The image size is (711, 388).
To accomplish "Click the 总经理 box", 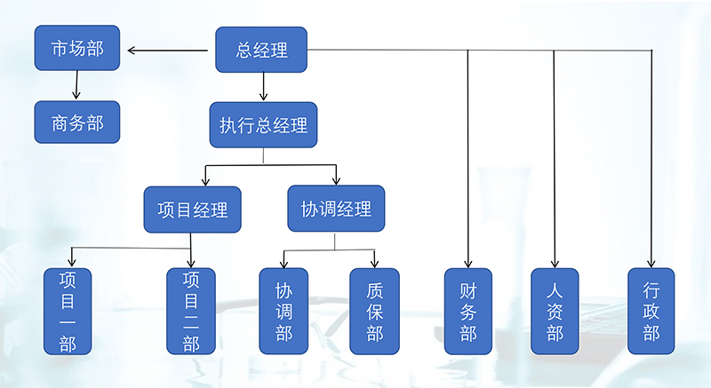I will [262, 50].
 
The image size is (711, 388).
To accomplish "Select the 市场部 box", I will [77, 49].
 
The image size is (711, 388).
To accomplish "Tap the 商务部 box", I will [77, 123].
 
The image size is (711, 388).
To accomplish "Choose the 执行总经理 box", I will [263, 124].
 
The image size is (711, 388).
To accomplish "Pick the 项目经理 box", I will [192, 210].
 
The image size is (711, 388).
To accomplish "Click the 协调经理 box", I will [336, 209].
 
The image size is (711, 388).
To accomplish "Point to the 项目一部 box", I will [68, 311].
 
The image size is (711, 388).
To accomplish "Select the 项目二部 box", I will [191, 311].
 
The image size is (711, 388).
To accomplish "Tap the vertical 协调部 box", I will [284, 311].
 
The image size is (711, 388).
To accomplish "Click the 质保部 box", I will [374, 311].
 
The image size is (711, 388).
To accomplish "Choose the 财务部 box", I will [468, 311].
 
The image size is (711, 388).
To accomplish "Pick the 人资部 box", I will [555, 311].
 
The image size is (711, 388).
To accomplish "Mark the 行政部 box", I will [651, 311].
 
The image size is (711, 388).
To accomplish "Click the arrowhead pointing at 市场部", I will [132, 50].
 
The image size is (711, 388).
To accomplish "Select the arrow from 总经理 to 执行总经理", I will [263, 86].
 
